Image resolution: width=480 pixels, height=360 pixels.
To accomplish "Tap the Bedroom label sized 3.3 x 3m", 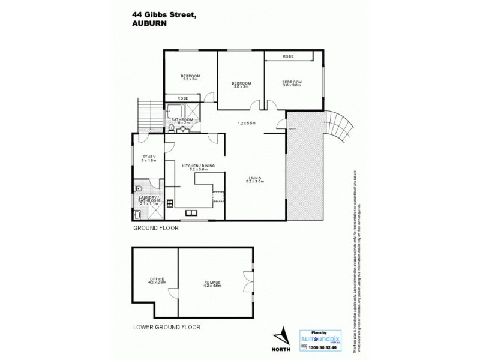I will pyautogui.click(x=190, y=77).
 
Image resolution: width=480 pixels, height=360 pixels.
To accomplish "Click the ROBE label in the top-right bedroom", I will pyautogui.click(x=289, y=56).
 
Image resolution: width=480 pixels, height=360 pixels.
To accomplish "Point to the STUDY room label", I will pyautogui.click(x=149, y=158).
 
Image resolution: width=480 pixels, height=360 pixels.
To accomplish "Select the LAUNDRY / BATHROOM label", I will pyautogui.click(x=146, y=201).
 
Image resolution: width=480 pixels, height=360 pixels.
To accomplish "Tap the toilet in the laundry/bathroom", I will pyautogui.click(x=137, y=187).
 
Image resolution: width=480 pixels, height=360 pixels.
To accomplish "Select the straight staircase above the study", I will pyautogui.click(x=146, y=115).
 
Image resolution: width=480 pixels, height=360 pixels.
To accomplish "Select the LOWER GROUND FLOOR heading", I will pyautogui.click(x=167, y=328).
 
